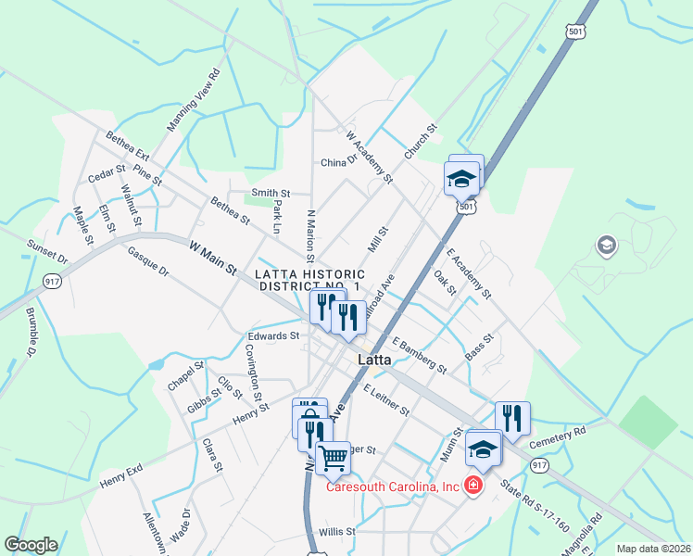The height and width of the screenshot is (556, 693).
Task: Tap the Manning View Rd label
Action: tap(194, 100)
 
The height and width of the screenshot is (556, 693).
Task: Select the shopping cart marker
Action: tap(333, 456)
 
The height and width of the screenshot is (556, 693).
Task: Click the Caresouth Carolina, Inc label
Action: tap(391, 486)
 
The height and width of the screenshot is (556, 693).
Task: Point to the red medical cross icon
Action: tap(473, 485)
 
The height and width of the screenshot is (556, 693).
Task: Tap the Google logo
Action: tap(31, 545)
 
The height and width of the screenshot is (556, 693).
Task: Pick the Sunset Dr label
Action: tap(48, 250)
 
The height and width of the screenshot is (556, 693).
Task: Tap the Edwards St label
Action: tap(273, 335)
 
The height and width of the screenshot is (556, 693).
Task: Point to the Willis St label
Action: tap(337, 532)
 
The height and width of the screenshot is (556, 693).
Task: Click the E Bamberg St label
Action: tap(419, 355)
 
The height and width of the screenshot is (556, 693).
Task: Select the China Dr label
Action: tap(339, 162)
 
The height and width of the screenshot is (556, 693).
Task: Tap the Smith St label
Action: tap(271, 193)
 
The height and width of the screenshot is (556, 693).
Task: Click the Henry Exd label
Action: tap(121, 478)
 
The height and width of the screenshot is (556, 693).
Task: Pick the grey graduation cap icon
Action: tap(607, 245)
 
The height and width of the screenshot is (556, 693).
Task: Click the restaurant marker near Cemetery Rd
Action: tap(510, 417)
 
